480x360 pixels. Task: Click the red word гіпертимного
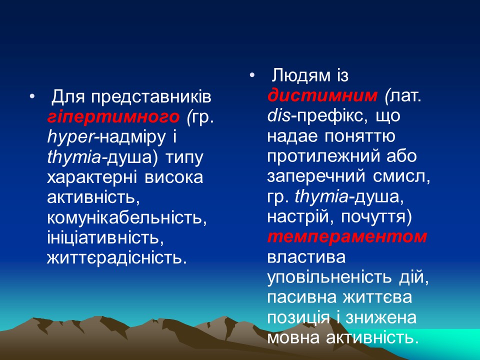coord(113,116)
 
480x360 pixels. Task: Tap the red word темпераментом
coord(347,236)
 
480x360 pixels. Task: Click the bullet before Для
coord(32,96)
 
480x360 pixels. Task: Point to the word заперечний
coord(321,177)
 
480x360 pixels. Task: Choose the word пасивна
coord(301,297)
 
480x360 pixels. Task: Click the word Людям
coord(300,75)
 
